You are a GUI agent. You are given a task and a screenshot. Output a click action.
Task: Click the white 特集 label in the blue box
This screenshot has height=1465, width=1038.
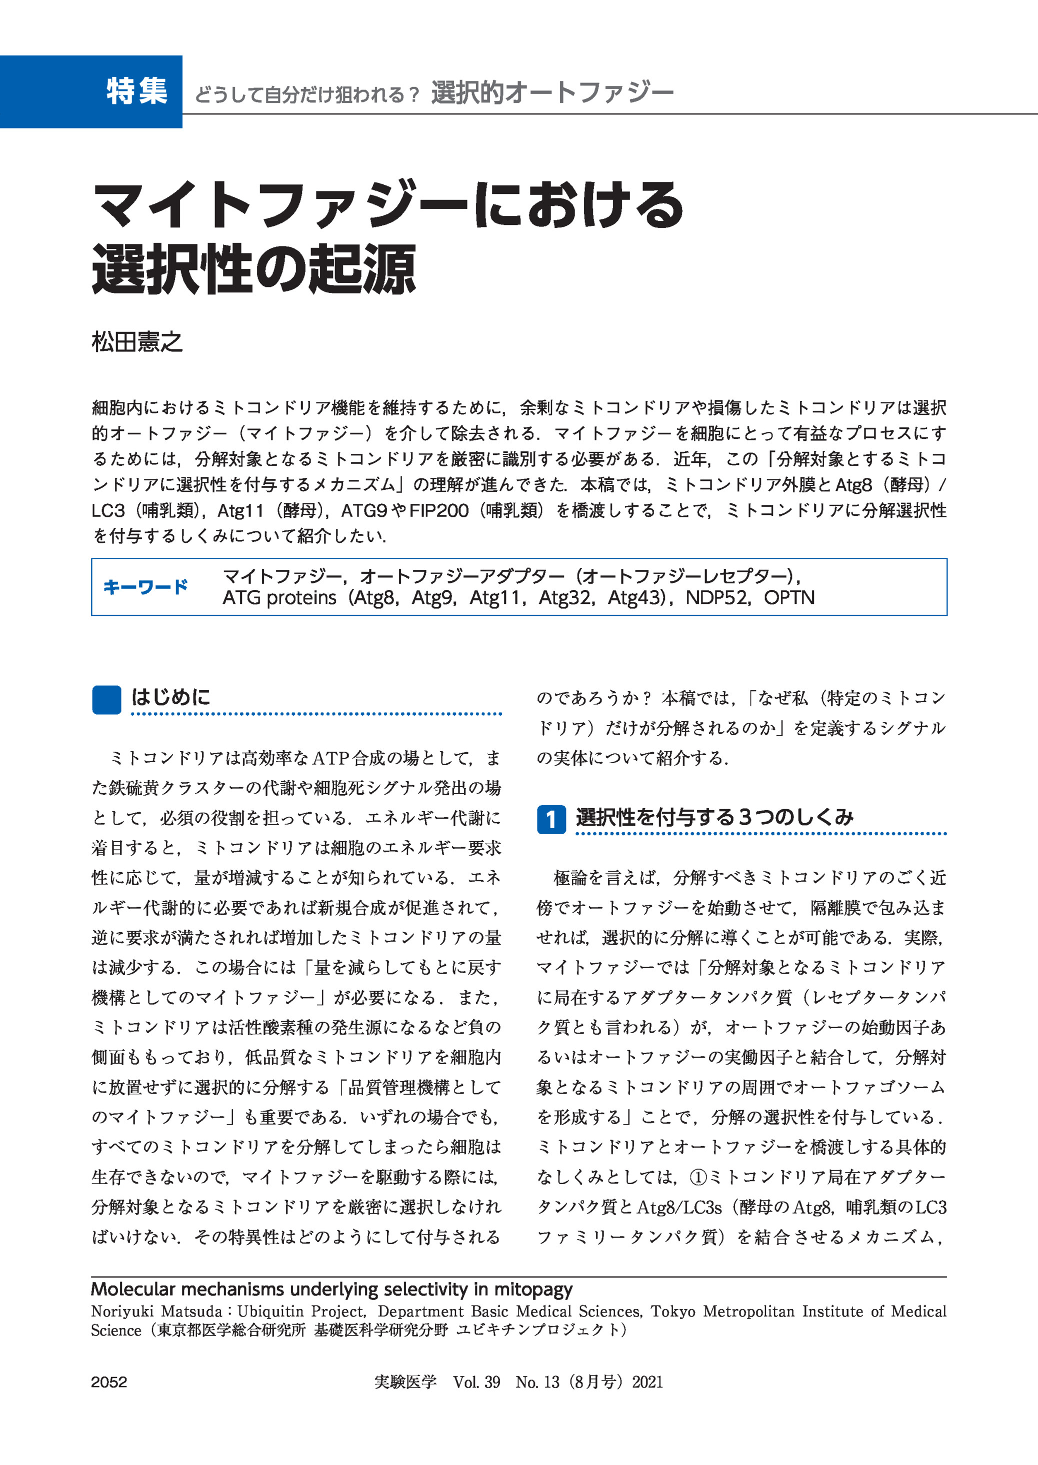pos(137,91)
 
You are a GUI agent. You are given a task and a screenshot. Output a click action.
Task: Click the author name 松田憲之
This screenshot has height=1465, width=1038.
pos(137,342)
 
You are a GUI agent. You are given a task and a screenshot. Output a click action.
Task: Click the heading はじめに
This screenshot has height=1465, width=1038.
pos(170,697)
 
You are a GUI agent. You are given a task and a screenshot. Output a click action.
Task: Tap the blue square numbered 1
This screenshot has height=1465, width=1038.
pos(551,820)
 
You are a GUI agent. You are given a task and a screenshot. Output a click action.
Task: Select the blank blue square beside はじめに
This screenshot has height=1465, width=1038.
pos(106,700)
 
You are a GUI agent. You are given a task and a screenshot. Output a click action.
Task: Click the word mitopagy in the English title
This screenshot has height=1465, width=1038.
pos(533,1289)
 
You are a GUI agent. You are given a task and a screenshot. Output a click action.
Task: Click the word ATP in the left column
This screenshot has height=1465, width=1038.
pos(330,758)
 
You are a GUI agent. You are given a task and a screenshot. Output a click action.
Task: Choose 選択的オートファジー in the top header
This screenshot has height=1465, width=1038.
pos(552,93)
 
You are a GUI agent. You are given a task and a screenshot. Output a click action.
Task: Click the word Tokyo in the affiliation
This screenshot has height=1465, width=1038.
pos(673,1311)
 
